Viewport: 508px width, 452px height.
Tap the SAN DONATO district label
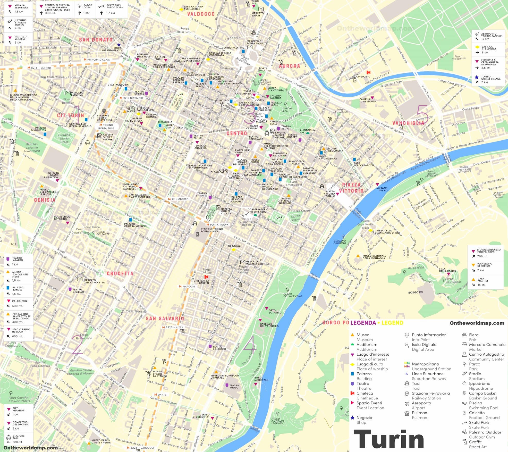pos(96,40)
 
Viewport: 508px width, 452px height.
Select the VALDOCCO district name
pos(201,14)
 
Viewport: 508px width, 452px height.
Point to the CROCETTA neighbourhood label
pos(120,273)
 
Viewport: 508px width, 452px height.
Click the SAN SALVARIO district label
pos(165,319)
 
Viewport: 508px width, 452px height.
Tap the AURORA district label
pos(290,66)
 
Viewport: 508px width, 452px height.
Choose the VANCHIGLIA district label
pos(408,123)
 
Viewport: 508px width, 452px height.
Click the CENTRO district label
pos(237,133)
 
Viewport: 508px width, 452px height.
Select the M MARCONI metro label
pos(187,286)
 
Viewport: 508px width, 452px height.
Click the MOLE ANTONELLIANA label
pos(328,157)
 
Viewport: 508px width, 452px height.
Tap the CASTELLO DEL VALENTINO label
pos(269,325)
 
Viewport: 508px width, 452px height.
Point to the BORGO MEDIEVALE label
pos(261,379)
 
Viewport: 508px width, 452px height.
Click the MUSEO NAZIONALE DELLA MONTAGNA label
pos(374,257)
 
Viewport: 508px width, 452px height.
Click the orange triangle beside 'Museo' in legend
pos(352,335)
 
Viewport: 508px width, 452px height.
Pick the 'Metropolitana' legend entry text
pos(425,364)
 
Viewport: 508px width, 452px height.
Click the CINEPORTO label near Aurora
pos(363,76)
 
